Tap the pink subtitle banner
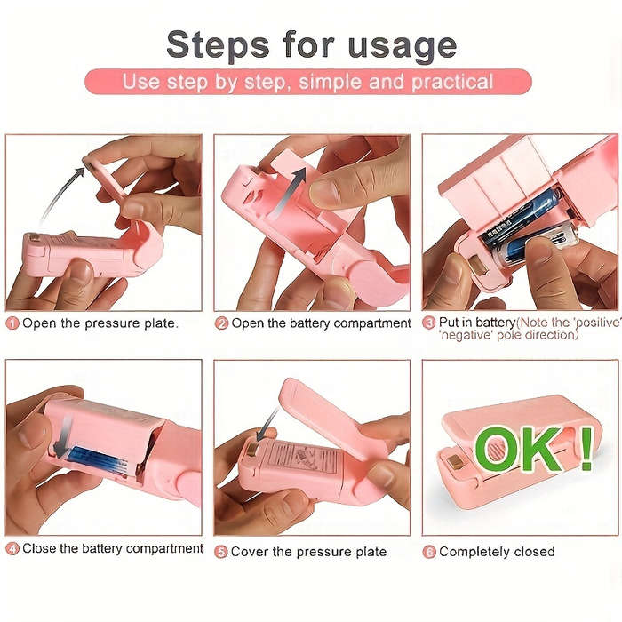point(307,83)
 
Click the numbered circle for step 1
point(12,324)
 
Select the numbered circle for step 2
point(222,324)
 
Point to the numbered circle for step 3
point(429,323)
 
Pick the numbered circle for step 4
point(12,549)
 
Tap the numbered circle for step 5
point(222,552)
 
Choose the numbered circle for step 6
point(429,552)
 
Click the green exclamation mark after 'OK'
point(586,447)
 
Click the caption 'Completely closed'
point(497,552)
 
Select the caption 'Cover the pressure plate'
point(308,552)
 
